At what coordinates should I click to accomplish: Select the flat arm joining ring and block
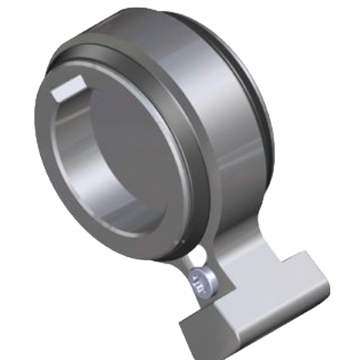pyautogui.click(x=236, y=259)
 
